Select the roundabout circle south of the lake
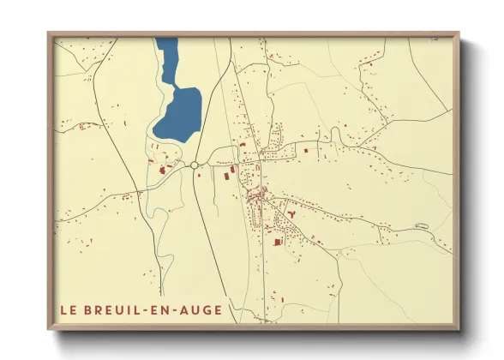click(x=195, y=164)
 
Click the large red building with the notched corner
click(x=277, y=242)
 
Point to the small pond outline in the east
click(x=421, y=225)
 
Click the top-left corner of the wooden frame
click(x=49, y=33)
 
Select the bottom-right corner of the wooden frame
click(x=459, y=328)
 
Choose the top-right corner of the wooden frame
click(x=459, y=33)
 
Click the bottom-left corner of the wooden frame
click(x=49, y=328)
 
